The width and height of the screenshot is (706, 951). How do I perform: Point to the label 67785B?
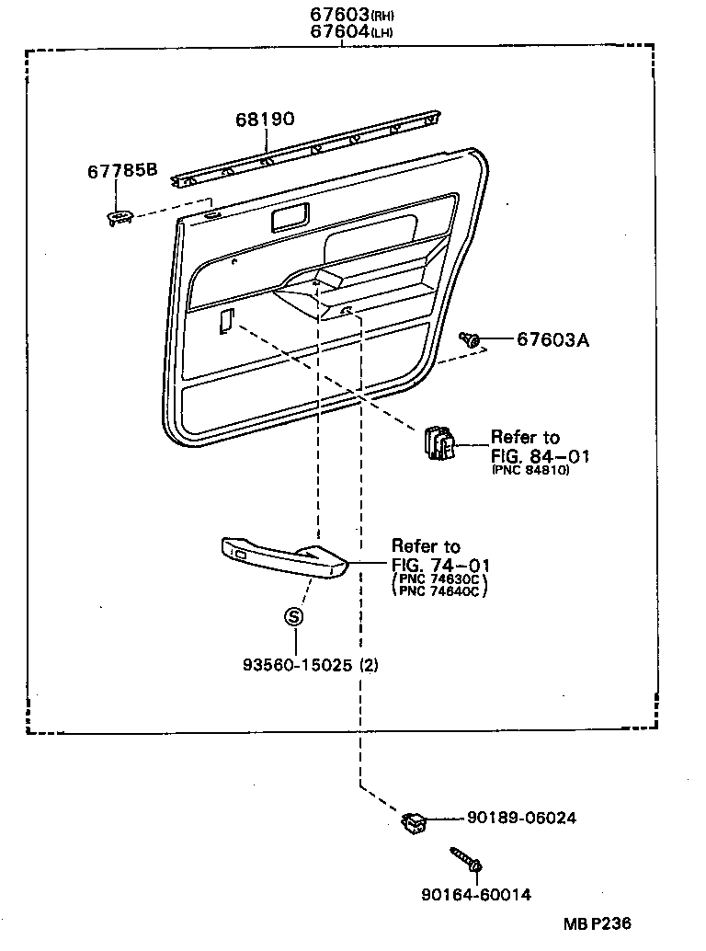pyautogui.click(x=122, y=170)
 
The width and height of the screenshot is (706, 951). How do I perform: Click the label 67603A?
pyautogui.click(x=552, y=340)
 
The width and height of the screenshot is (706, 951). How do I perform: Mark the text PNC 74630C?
pyautogui.click(x=439, y=579)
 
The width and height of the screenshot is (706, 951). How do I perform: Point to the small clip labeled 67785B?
pyautogui.click(x=120, y=217)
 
